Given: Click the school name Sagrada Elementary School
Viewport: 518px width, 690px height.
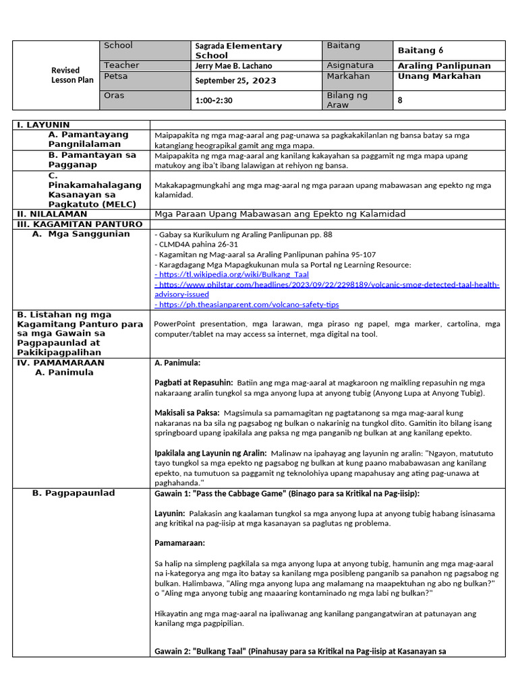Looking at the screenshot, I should point(238,51).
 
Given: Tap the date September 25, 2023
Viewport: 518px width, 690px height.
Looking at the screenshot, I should point(235,81).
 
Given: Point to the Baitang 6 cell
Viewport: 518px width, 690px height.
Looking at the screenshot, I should point(420,51).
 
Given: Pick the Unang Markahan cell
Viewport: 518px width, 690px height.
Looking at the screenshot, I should point(439,76).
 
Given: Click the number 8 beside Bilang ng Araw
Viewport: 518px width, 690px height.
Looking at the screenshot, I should point(401,100).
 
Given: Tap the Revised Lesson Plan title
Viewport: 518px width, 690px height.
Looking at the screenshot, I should point(65,75).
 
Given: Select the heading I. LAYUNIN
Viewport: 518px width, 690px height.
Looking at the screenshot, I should point(43,125).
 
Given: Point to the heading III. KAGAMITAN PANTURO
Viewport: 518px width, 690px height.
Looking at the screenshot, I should point(80,224).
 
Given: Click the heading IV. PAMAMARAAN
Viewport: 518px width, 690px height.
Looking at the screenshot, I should point(61,362).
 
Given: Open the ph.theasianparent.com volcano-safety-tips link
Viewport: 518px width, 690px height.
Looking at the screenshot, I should point(247,305).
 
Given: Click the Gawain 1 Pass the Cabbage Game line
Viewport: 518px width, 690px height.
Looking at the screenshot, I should point(287,493).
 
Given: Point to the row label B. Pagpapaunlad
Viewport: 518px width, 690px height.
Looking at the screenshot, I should point(74,493).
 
